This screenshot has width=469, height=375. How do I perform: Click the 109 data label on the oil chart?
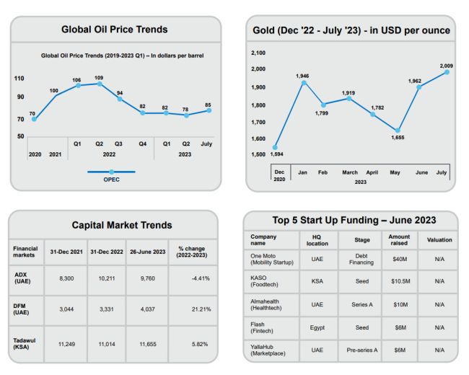(x=100, y=76)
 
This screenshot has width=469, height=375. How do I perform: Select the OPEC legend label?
(x=111, y=180)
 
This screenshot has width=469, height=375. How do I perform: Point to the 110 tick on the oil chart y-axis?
(x=19, y=79)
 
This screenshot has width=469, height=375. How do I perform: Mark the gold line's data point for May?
(x=397, y=131)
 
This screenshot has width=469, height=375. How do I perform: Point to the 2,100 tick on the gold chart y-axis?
(x=259, y=53)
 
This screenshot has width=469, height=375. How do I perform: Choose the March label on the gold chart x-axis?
(x=350, y=173)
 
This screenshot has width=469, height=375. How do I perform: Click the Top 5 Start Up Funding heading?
(x=350, y=220)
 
